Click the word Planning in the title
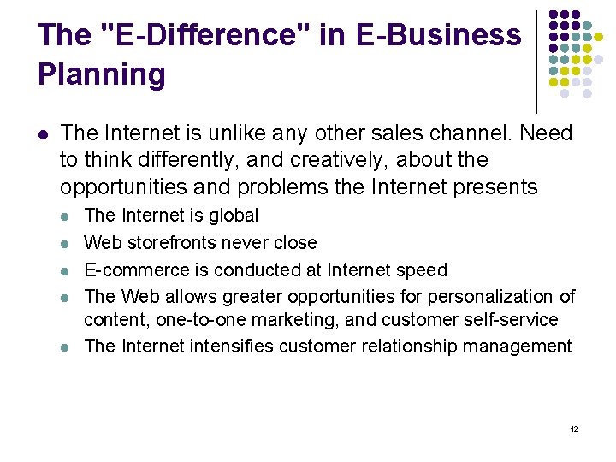pos(101,74)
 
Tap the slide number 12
pos(574,429)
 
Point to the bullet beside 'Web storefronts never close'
pos(67,244)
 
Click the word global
pos(234,216)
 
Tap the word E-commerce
pos(136,270)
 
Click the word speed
pos(423,270)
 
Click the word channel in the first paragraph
pos(474,133)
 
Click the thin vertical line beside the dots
pos(536,60)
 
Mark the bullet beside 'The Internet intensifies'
pos(67,346)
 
